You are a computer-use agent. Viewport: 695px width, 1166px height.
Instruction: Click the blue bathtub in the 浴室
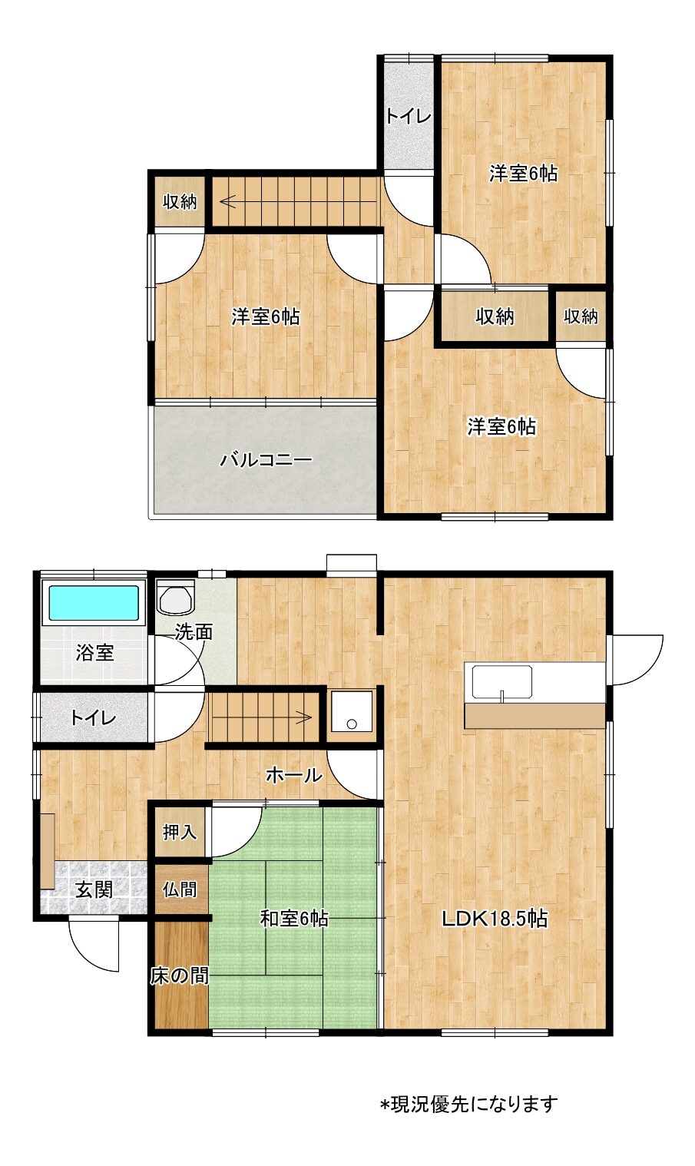94,603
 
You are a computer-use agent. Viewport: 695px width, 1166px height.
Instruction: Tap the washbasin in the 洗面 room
176,597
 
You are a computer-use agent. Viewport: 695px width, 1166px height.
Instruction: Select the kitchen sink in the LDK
501,683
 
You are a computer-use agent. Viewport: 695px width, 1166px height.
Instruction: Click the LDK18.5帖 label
494,919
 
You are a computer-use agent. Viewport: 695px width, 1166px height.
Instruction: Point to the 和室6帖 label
294,919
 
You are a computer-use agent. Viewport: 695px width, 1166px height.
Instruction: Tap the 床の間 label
180,976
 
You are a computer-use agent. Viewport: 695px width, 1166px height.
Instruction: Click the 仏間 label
180,889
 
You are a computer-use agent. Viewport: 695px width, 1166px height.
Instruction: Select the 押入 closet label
180,833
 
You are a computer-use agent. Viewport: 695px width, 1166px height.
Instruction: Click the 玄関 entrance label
94,889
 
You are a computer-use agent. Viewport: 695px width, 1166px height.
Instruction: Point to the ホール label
294,776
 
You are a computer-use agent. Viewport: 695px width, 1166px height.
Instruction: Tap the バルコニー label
266,460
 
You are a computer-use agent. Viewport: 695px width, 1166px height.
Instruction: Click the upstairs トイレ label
409,116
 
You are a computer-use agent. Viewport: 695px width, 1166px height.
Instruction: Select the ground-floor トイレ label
93,718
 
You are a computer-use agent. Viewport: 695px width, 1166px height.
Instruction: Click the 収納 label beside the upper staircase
180,201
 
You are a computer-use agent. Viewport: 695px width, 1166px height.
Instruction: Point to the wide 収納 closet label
495,316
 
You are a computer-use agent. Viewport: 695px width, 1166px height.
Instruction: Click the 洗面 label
194,632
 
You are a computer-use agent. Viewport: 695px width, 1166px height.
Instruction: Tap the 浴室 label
94,653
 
